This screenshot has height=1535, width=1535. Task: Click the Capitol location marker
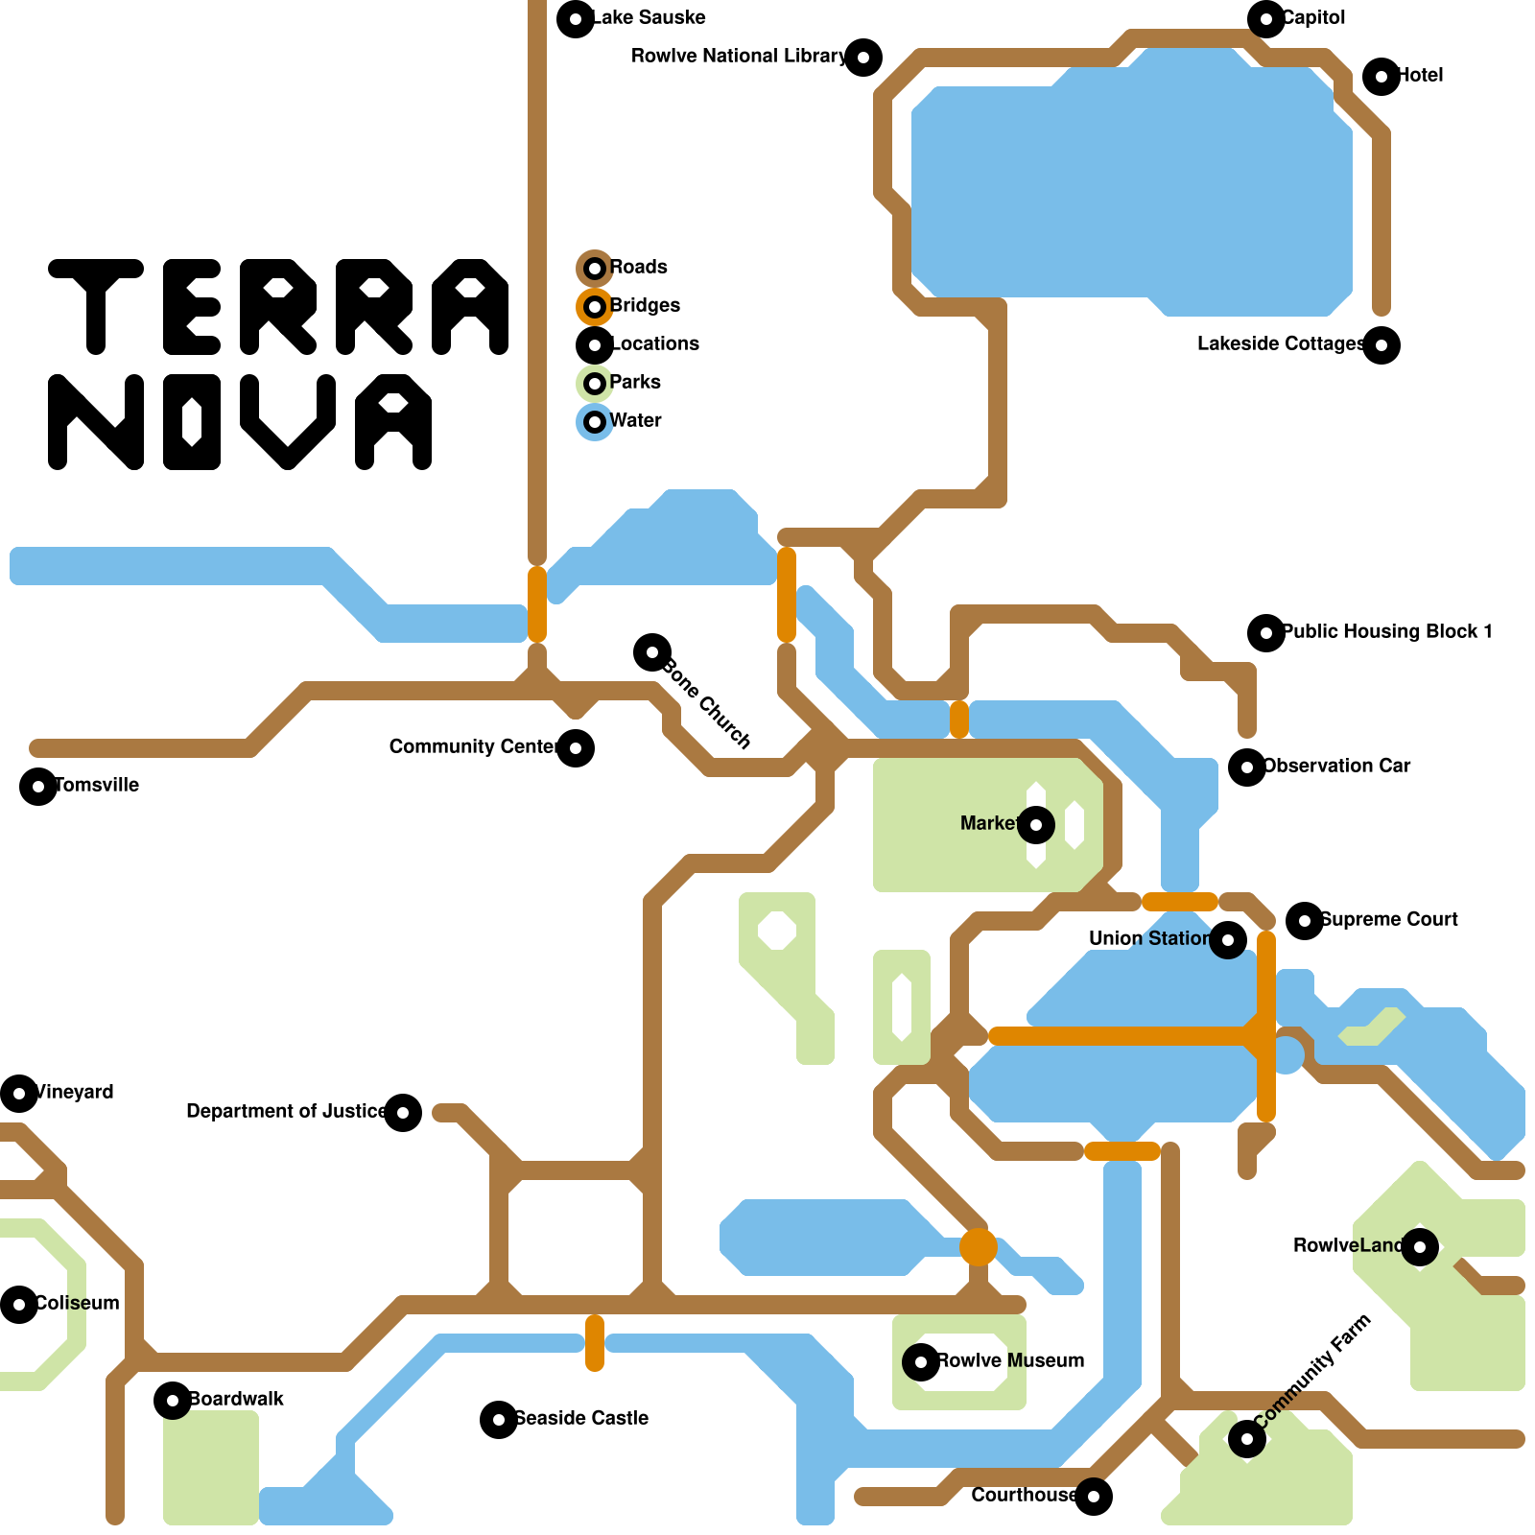coord(1266,19)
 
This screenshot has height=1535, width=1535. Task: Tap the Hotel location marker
coord(1381,77)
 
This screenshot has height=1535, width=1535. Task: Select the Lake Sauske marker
coord(576,19)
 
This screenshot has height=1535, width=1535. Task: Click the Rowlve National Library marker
coord(863,58)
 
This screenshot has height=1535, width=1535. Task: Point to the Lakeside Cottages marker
coord(1381,345)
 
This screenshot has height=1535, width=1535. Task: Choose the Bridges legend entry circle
coord(595,307)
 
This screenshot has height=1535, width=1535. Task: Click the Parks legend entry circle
coord(595,384)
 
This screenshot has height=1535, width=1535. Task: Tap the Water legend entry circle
coord(595,422)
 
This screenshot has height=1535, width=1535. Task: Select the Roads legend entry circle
coord(595,269)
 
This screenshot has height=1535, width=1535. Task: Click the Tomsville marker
coord(38,787)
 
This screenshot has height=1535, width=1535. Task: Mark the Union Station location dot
coord(1228,940)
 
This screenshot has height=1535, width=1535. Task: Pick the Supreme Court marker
coord(1305,921)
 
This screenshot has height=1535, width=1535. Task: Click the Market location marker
coord(1036,825)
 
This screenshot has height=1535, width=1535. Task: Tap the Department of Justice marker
coord(403,1113)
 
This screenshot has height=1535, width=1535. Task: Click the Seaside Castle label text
coord(581,1418)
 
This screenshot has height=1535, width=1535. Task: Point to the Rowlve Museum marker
coord(921,1362)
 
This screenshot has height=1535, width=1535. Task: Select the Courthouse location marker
coord(1094,1497)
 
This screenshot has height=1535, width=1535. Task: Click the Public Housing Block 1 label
coord(1387,631)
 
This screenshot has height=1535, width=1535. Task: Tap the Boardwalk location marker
coord(173,1401)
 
